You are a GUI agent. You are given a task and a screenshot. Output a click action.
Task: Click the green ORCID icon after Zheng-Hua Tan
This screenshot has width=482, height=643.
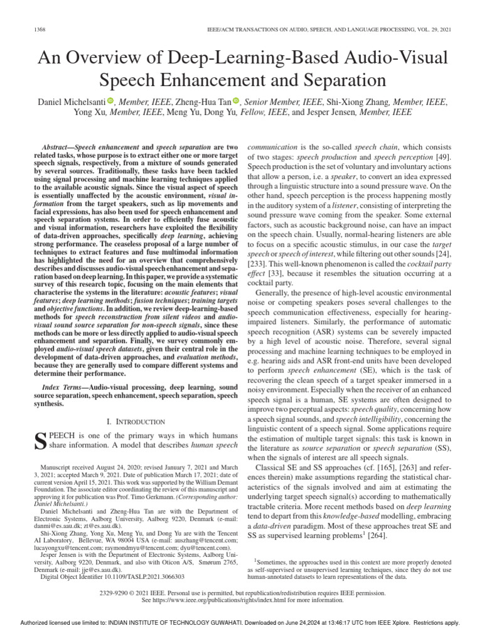(236, 100)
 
